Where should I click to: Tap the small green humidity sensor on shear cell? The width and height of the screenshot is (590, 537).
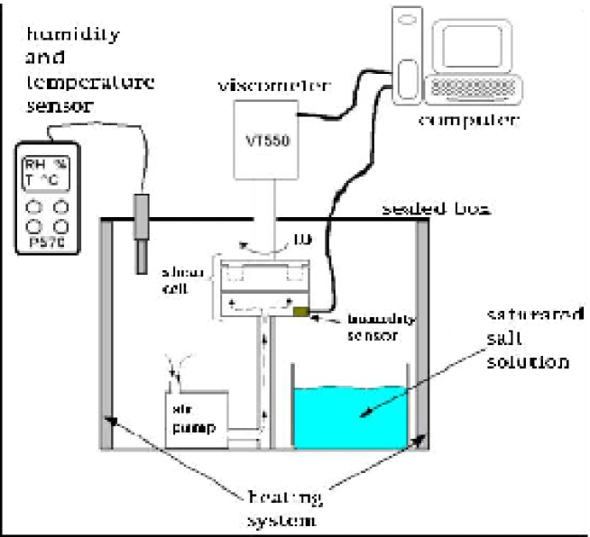click(x=300, y=313)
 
